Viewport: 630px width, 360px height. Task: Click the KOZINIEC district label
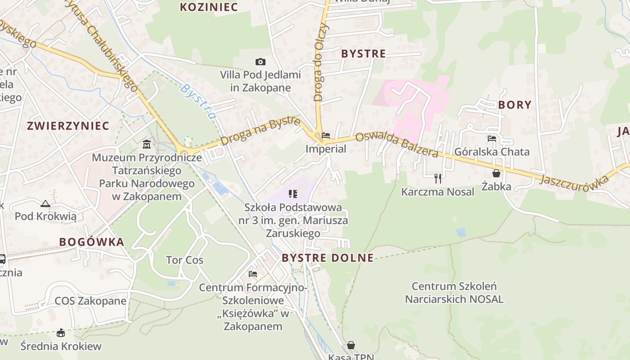[208, 7]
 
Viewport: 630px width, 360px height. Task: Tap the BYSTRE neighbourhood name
[363, 54]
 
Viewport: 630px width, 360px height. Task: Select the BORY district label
[514, 105]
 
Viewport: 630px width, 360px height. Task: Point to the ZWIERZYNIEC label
[68, 126]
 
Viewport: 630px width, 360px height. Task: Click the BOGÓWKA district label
[91, 242]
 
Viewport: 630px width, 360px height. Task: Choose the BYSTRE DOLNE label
[327, 258]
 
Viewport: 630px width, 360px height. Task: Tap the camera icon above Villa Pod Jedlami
[260, 62]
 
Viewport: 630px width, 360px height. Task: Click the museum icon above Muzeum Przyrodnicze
[147, 144]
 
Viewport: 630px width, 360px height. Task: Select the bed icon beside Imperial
[326, 135]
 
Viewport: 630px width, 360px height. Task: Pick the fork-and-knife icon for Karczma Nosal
[438, 179]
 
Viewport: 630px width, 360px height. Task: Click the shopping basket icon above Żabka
[496, 173]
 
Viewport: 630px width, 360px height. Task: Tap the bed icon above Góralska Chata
[492, 139]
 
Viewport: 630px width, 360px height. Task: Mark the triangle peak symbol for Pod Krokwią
[45, 204]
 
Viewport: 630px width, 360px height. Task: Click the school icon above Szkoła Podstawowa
[293, 194]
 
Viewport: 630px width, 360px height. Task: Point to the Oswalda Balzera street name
[396, 145]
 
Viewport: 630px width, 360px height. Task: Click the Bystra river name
[198, 101]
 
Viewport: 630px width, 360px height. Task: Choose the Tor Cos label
[184, 260]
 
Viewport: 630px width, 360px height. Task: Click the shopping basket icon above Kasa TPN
[351, 345]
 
